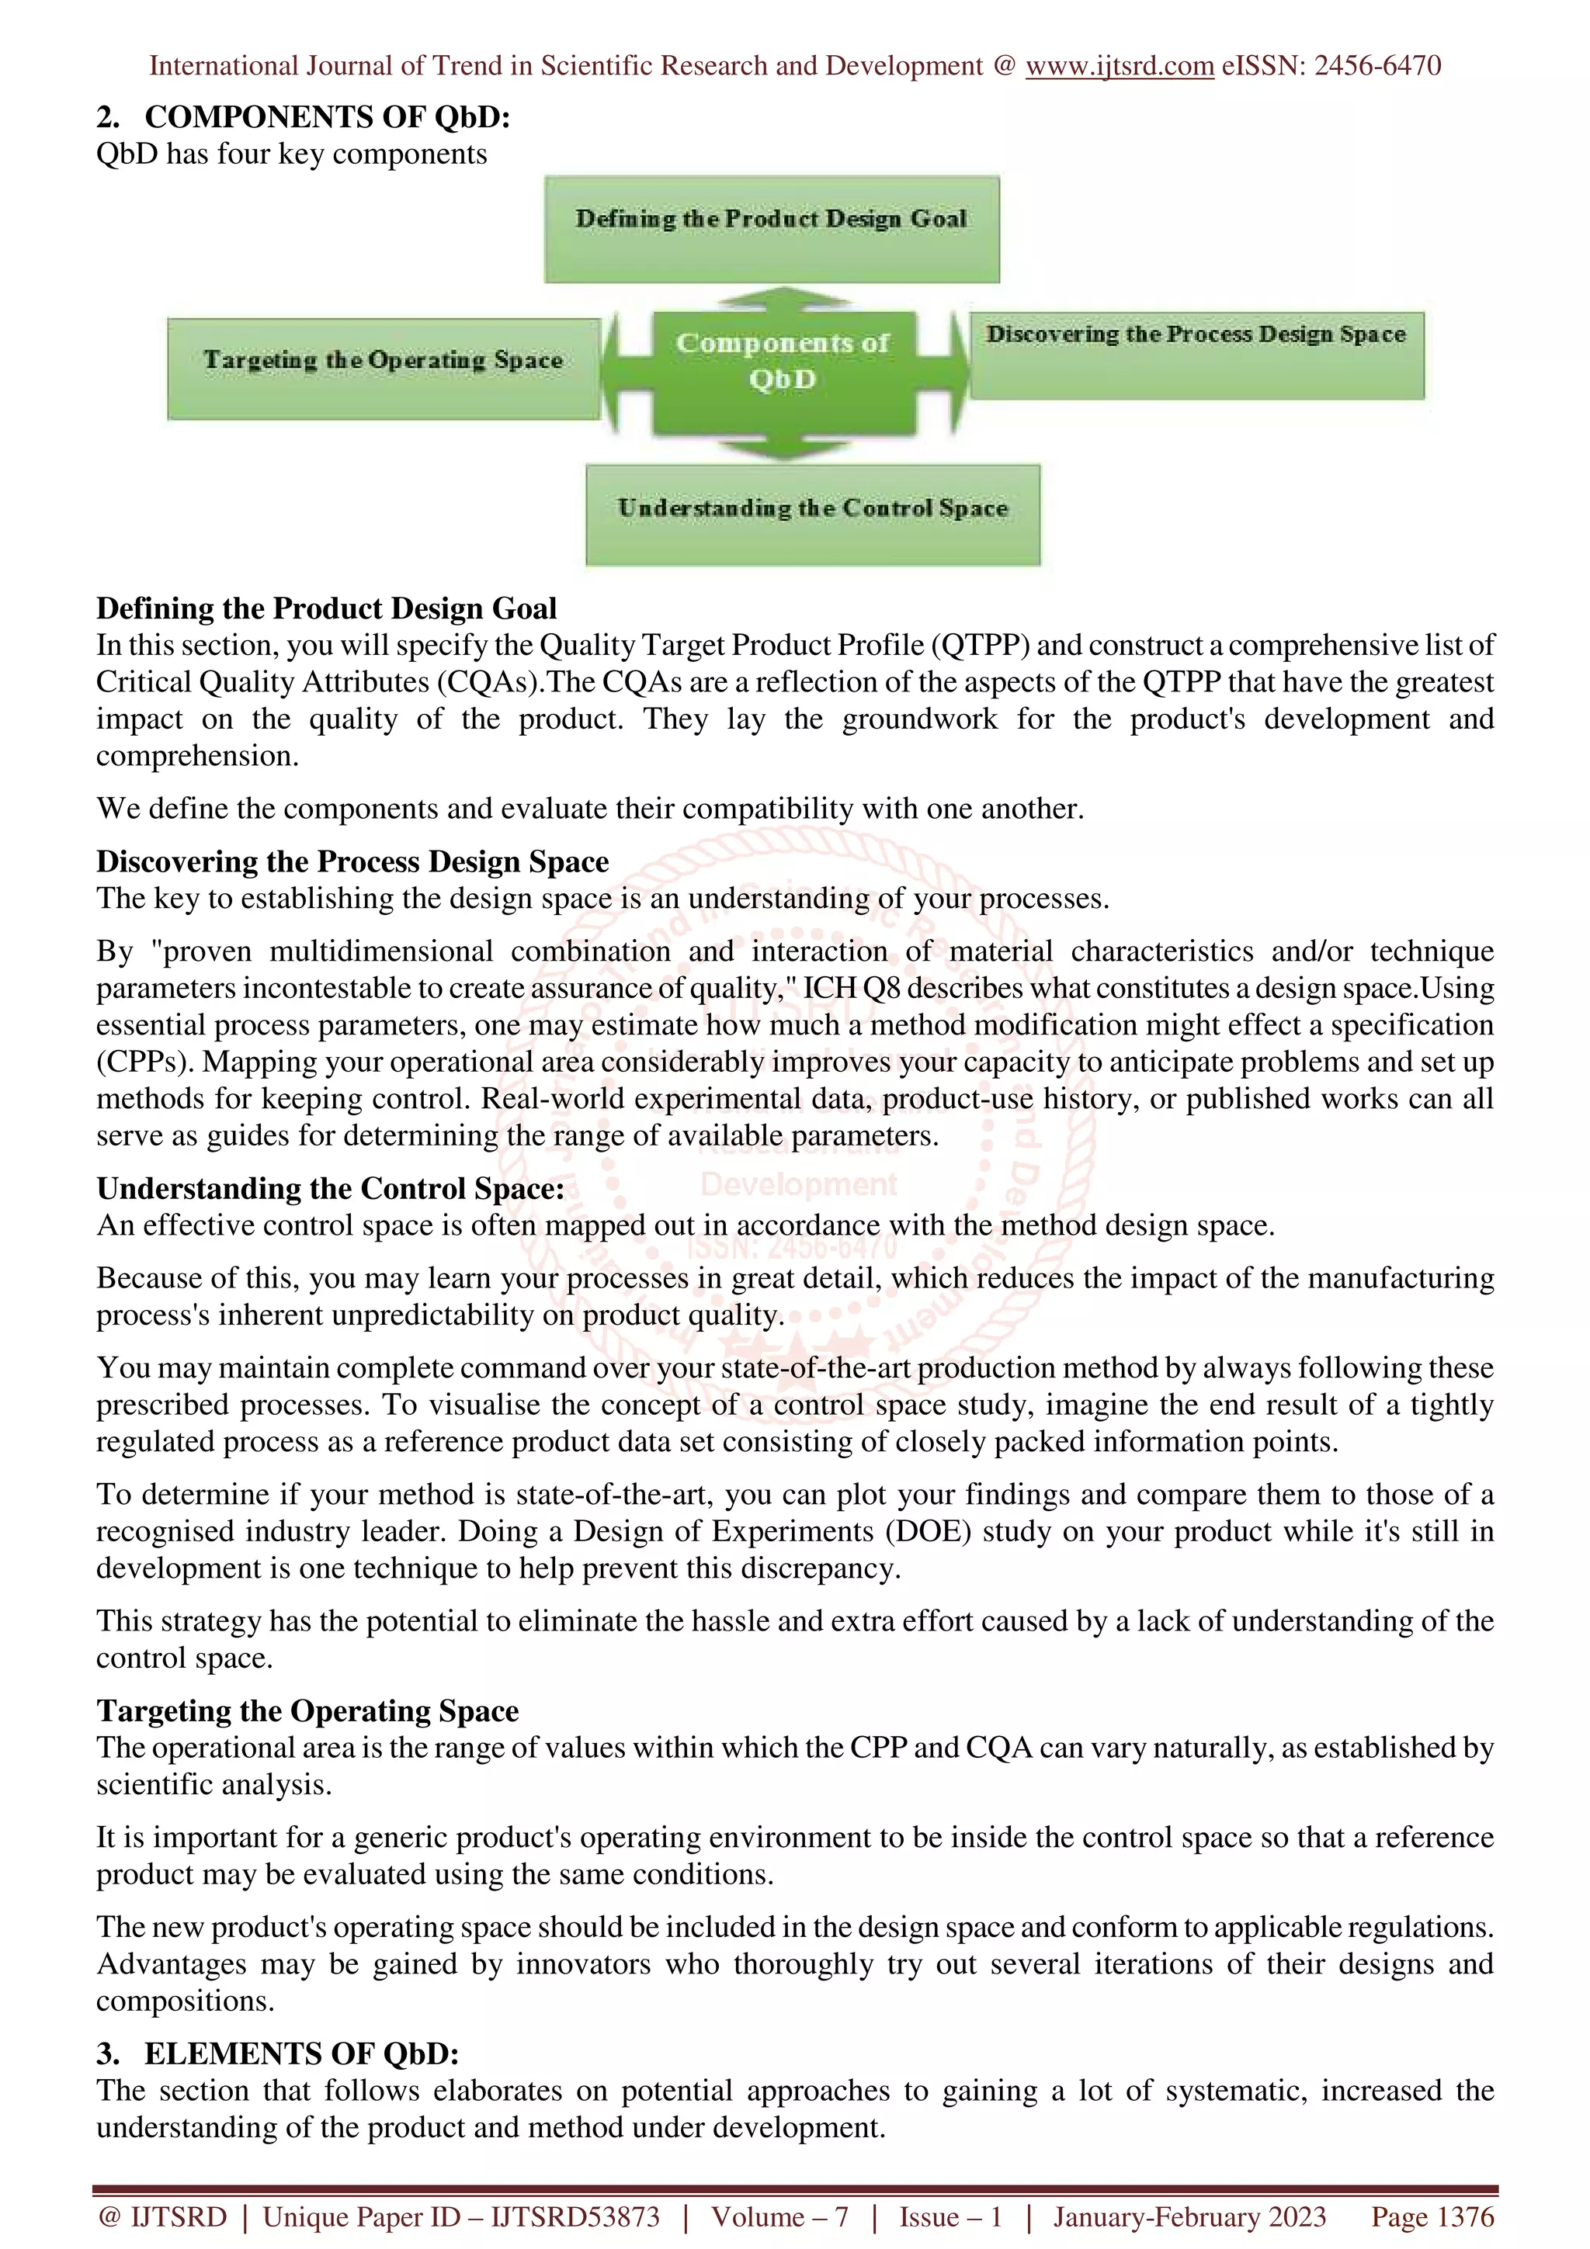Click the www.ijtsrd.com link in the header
pyautogui.click(x=1119, y=66)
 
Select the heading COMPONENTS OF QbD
pyautogui.click(x=327, y=116)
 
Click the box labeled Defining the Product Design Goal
pyautogui.click(x=771, y=229)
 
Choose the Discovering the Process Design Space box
pyautogui.click(x=1196, y=355)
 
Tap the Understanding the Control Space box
pyautogui.click(x=812, y=515)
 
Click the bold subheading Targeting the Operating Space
pyautogui.click(x=307, y=1710)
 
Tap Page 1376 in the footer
pyautogui.click(x=1432, y=2216)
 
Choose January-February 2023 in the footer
pyautogui.click(x=1189, y=2216)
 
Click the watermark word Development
pyautogui.click(x=798, y=1184)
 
